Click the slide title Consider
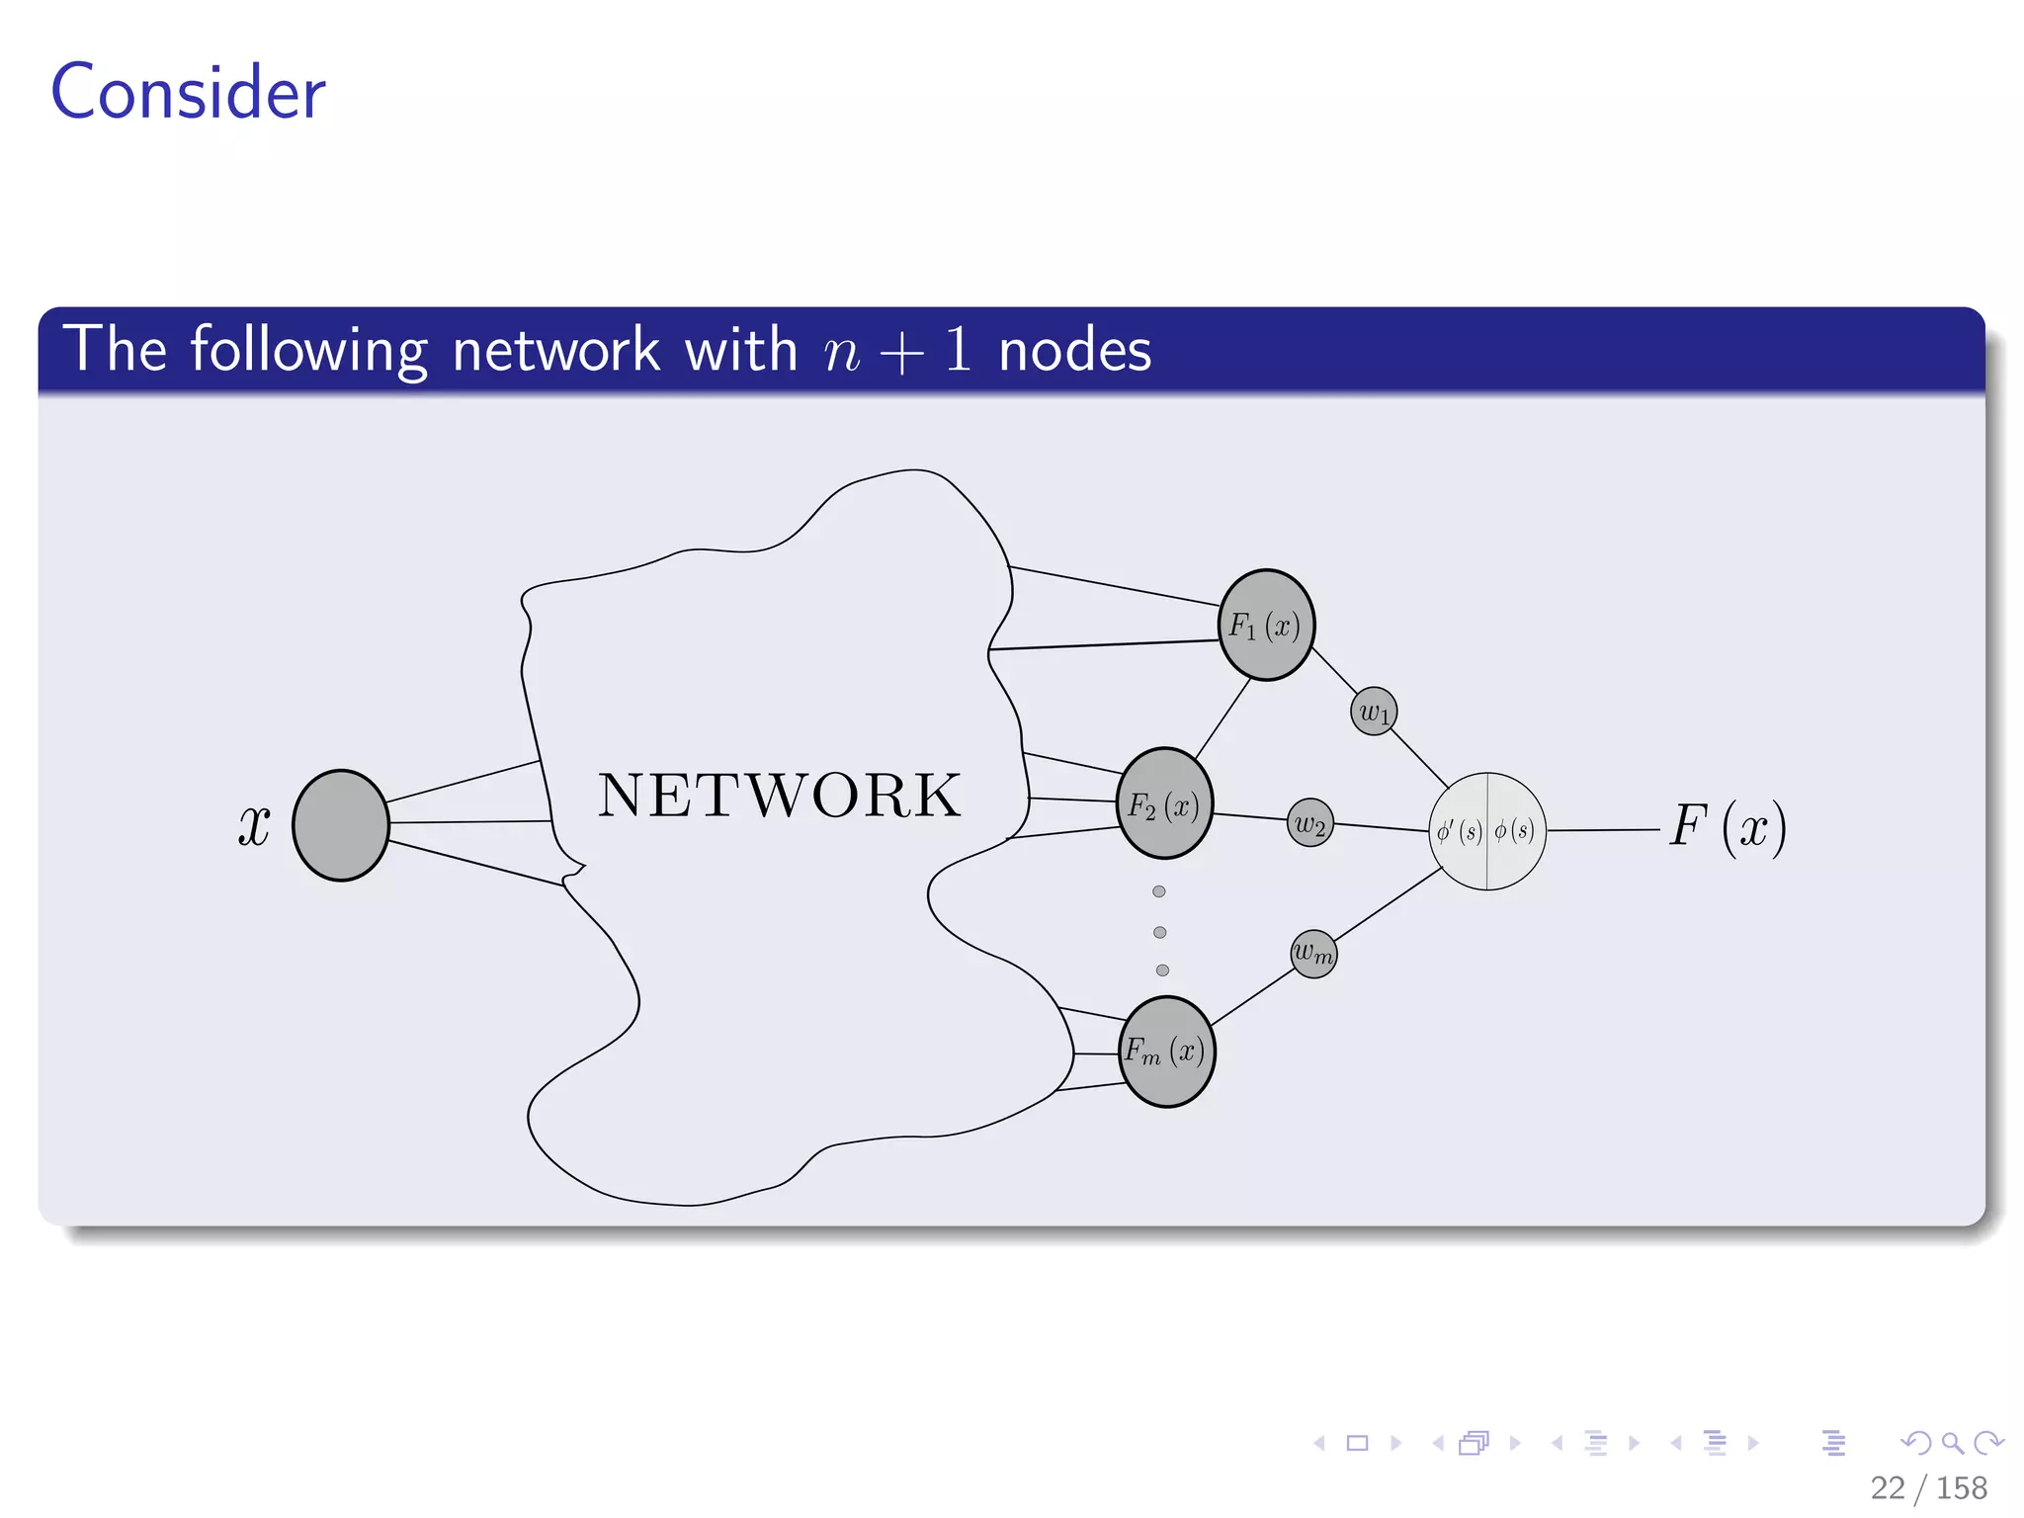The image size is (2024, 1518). (188, 92)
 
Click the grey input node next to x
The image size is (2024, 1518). (341, 825)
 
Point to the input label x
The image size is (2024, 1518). (254, 824)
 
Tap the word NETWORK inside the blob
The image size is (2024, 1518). (779, 796)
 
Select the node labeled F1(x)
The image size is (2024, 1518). (1266, 626)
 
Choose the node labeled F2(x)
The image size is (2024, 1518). (1164, 804)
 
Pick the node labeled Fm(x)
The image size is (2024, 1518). (1166, 1052)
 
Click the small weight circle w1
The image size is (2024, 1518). (1374, 712)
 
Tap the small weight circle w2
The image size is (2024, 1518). (1310, 823)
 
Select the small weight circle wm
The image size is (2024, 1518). (1313, 954)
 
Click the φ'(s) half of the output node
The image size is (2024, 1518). (1459, 831)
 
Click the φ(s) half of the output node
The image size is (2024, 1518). (1516, 831)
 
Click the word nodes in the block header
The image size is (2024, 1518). (1075, 351)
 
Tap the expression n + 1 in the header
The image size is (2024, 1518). (897, 351)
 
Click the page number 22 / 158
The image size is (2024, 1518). (1928, 1487)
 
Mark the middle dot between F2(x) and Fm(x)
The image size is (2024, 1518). (1160, 932)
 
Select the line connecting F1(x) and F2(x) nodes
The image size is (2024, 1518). (1223, 718)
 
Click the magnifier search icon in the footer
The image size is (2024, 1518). (1952, 1443)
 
